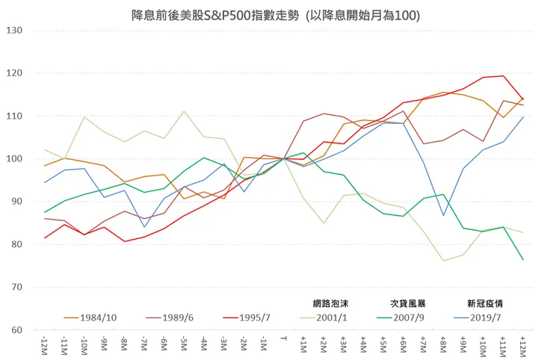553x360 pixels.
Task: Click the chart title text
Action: [x=276, y=15]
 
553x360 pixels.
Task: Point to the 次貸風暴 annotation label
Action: [x=408, y=303]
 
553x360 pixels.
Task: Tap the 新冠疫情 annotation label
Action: [x=485, y=303]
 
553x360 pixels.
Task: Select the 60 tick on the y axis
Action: [x=16, y=330]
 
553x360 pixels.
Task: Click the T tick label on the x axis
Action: [x=283, y=341]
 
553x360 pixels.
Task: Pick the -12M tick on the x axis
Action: [x=44, y=345]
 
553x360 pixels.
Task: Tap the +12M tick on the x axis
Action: [x=522, y=345]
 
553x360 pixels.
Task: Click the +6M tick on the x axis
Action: [x=403, y=345]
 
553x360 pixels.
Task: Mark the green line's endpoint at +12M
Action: [x=522, y=259]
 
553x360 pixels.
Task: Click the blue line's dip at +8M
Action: [x=443, y=216]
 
